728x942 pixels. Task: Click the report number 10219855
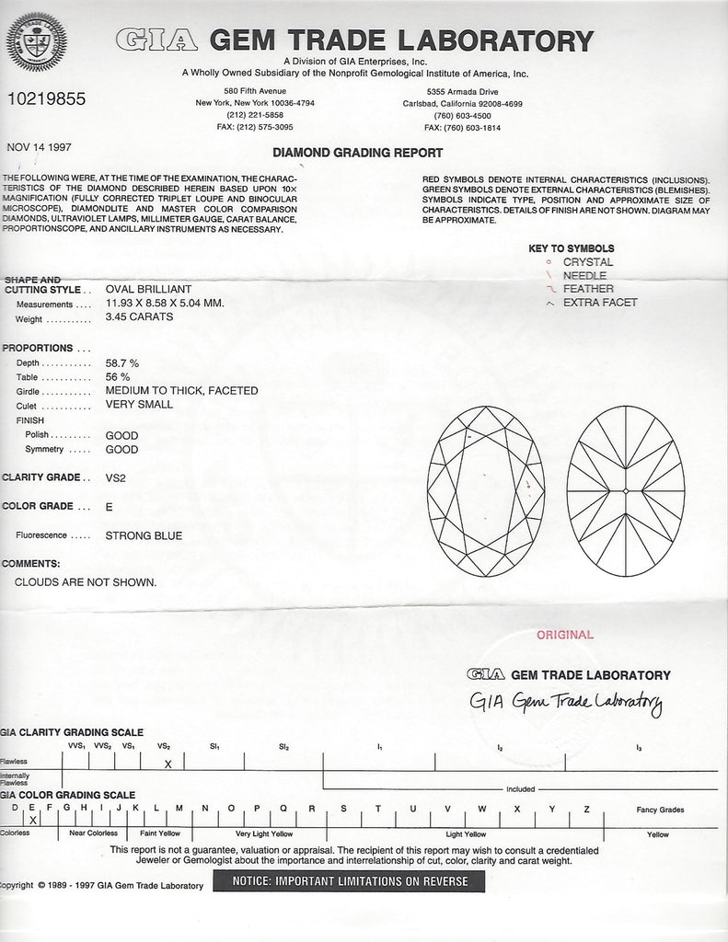point(46,98)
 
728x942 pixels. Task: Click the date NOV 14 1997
point(39,146)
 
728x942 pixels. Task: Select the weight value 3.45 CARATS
point(139,317)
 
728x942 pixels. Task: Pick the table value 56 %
point(119,376)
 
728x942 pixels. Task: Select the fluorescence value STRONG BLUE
point(144,535)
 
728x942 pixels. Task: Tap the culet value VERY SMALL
point(140,404)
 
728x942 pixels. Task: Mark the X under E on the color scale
point(33,818)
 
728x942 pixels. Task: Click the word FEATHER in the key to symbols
point(589,289)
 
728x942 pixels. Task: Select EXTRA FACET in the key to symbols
point(600,302)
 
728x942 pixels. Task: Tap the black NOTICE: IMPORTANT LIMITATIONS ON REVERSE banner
point(349,881)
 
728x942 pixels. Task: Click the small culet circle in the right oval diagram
point(626,491)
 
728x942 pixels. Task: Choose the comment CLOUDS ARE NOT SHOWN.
point(86,582)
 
